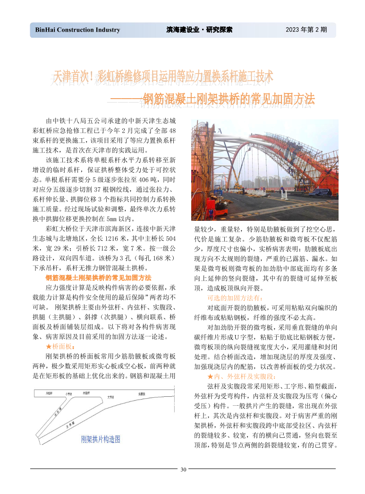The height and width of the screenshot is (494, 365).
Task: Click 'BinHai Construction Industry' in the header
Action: (x=77, y=30)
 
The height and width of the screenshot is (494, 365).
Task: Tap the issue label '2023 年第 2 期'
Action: (x=306, y=30)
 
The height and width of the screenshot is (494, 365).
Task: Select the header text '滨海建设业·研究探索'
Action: (x=199, y=30)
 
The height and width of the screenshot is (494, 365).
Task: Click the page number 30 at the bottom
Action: (x=183, y=469)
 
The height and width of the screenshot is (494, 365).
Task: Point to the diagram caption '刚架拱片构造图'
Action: (x=101, y=439)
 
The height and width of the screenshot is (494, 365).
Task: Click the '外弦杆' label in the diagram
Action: (x=49, y=393)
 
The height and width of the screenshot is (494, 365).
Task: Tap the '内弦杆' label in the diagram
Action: (x=86, y=392)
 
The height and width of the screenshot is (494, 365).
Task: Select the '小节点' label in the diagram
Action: (x=69, y=394)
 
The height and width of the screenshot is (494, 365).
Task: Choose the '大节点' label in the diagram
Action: (x=111, y=397)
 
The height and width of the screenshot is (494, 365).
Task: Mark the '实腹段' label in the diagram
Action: (x=142, y=393)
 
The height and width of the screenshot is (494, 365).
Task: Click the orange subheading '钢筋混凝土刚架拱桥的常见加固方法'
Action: (x=98, y=277)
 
